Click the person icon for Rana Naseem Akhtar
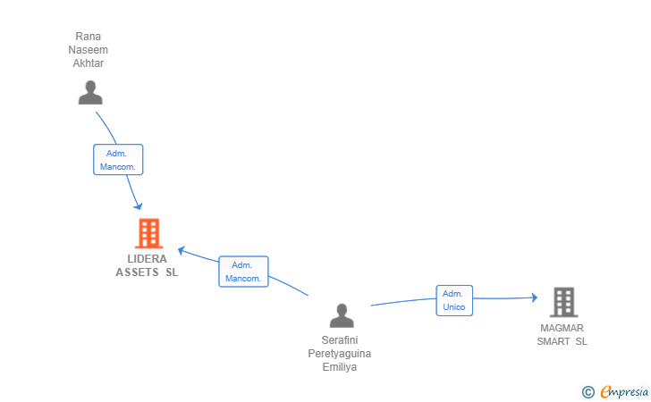(x=90, y=93)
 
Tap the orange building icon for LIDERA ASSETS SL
(x=148, y=233)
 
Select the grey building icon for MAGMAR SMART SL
(x=563, y=303)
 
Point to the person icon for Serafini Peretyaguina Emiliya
(x=342, y=315)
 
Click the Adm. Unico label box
(x=454, y=300)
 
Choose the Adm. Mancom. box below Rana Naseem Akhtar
(x=118, y=160)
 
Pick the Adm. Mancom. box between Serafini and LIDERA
(x=243, y=272)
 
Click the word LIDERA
(x=148, y=259)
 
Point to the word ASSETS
(x=137, y=272)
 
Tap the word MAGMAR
(x=562, y=328)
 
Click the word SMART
(x=554, y=341)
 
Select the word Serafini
(x=340, y=340)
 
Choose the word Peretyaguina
(x=340, y=354)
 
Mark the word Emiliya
(x=340, y=367)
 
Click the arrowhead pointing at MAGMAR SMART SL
(x=534, y=297)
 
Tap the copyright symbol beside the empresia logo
(x=588, y=391)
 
